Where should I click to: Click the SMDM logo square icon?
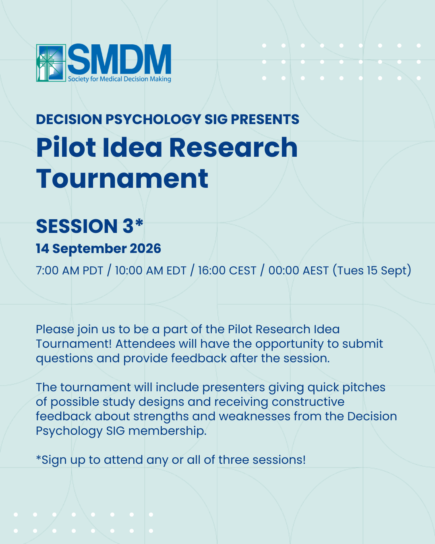coord(51,63)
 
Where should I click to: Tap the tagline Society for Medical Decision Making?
coord(119,79)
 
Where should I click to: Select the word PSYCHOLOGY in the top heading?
coord(153,120)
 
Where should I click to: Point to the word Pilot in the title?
coord(66,147)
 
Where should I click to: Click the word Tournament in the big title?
coord(122,179)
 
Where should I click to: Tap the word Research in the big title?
coord(233,147)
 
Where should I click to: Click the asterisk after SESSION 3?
coord(139,223)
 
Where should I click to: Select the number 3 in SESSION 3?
coord(128,226)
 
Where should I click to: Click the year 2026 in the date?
coord(145,249)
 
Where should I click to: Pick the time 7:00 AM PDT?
coord(70,270)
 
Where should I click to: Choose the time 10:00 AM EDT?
coord(151,270)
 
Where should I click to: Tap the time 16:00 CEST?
coord(227,270)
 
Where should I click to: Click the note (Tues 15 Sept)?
coord(372,270)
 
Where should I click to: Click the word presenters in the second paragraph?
coord(234,388)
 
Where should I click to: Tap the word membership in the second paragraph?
coord(167,431)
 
